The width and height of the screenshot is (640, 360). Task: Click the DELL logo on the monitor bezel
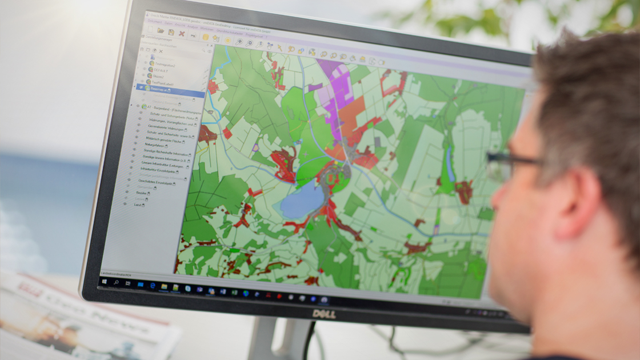coord(323,314)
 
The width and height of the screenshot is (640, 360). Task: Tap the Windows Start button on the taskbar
coord(105,281)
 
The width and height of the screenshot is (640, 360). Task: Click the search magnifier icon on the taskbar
coord(116,282)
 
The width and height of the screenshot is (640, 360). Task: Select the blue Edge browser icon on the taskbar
coord(153,285)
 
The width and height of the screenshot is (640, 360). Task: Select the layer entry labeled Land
coord(138,205)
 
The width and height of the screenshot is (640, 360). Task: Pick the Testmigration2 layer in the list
coord(165,65)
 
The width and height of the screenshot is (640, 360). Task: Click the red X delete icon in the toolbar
coord(182,34)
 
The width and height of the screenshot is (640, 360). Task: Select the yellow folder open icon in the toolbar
coord(161,31)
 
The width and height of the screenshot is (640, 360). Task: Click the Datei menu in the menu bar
coord(169,23)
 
